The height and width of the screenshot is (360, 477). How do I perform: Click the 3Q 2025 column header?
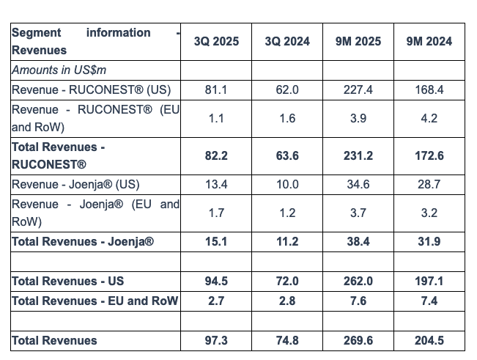216,42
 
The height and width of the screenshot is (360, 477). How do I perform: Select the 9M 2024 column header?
429,42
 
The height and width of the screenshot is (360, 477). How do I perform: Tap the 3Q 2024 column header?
287,42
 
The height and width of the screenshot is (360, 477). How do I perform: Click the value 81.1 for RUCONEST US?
216,89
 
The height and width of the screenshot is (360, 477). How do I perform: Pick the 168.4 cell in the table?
429,89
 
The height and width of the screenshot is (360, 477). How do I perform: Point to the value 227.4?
358,89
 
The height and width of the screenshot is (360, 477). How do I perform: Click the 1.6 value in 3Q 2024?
287,118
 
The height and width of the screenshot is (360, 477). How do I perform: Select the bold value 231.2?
358,156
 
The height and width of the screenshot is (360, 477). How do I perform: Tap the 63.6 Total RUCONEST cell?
287,156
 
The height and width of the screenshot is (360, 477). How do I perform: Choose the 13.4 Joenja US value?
216,184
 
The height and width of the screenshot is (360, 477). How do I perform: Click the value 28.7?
429,184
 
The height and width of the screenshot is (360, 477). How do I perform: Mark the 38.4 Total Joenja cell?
358,241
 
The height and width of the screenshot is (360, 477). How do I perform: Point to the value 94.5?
216,281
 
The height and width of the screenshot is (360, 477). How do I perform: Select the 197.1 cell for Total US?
429,281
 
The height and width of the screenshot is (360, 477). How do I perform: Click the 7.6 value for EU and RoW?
358,301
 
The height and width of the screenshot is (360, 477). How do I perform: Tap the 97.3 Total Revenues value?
216,340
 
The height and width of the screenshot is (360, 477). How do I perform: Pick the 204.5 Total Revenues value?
429,340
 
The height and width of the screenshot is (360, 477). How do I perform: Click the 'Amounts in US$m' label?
59,70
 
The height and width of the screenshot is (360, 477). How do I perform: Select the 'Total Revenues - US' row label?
68,281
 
